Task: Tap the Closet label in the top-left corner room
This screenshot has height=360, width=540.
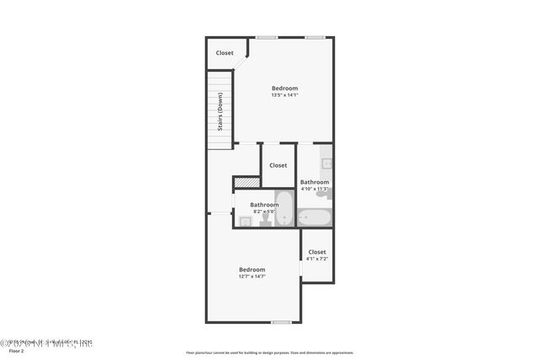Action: (224, 53)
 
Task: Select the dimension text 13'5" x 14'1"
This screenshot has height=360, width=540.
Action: (284, 95)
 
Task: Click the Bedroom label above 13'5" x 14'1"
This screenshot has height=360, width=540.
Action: (284, 89)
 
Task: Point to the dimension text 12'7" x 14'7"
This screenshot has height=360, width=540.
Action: (251, 277)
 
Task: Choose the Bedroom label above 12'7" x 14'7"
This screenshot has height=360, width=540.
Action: (251, 270)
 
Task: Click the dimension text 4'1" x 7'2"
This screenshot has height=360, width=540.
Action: (316, 258)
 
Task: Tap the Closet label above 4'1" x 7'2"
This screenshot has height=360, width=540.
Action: (316, 251)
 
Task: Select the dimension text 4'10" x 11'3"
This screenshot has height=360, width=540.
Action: (315, 189)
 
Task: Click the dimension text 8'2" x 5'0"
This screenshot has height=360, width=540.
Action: (264, 211)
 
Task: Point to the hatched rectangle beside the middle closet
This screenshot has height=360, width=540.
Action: (246, 181)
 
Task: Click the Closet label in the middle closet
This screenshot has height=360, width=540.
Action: (278, 165)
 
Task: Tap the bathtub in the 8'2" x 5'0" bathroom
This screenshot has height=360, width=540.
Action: (284, 209)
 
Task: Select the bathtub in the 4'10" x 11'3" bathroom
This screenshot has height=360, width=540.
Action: (315, 218)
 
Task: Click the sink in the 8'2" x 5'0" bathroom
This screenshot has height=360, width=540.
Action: (245, 222)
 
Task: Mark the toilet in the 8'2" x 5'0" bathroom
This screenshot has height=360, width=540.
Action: (264, 220)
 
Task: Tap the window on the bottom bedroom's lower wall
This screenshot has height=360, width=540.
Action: (281, 322)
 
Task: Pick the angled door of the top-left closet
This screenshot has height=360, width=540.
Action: (240, 65)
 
